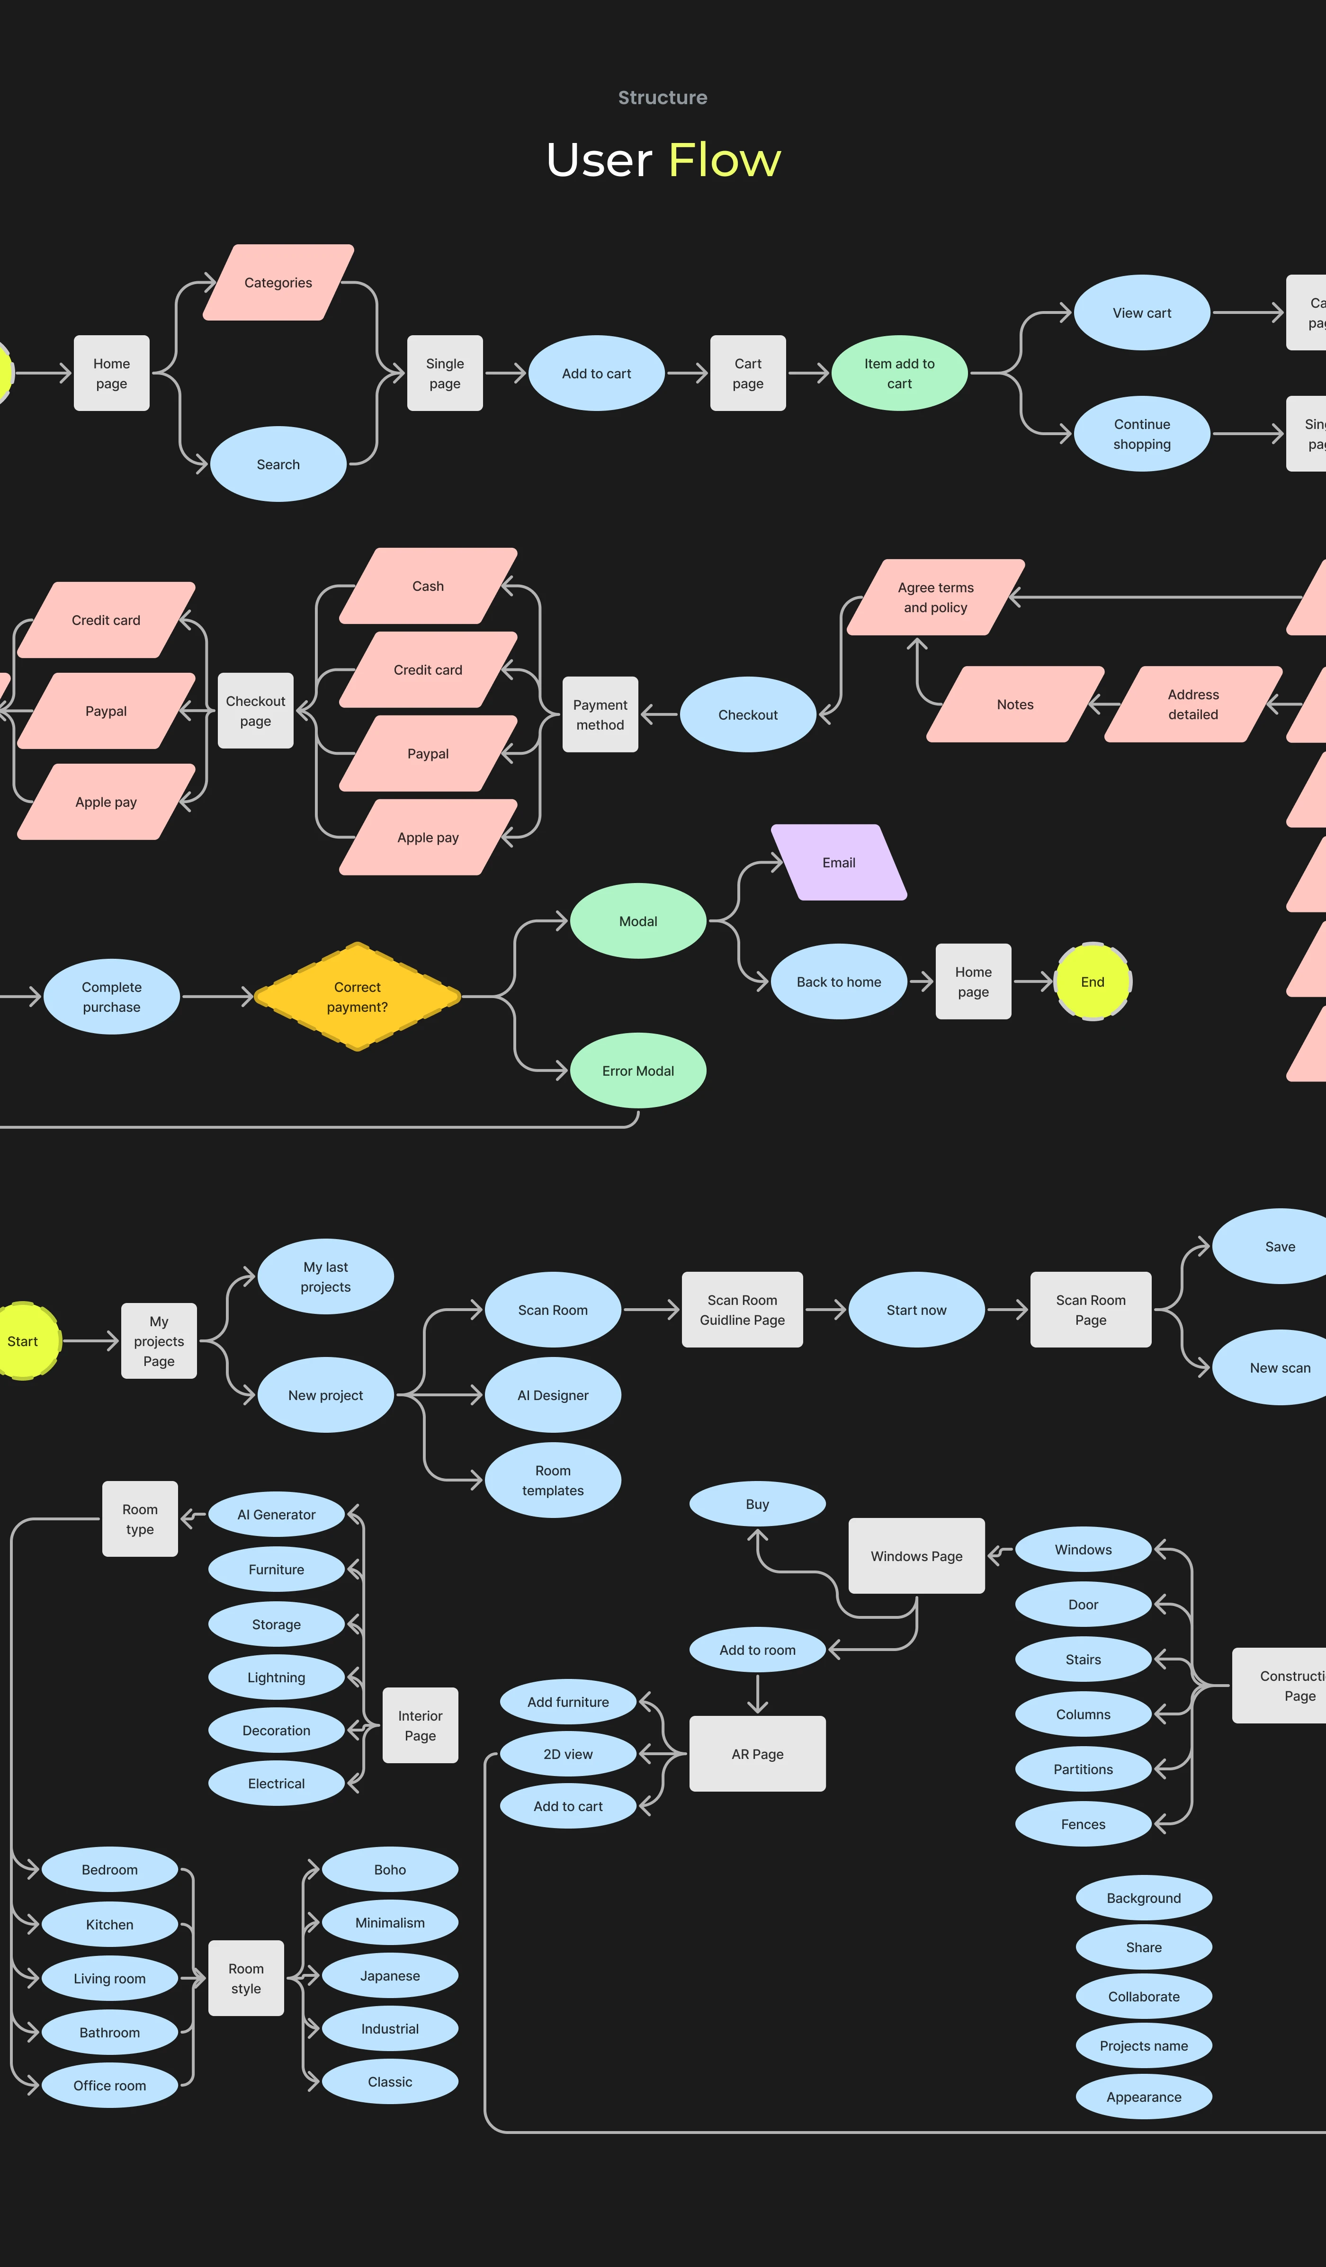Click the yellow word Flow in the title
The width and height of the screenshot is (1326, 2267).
click(x=724, y=160)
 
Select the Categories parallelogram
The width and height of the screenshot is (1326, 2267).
click(x=278, y=283)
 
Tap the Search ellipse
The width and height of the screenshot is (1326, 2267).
click(x=278, y=464)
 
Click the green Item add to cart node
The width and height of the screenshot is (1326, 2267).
click(x=900, y=373)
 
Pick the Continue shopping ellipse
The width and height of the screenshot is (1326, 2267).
click(x=1142, y=434)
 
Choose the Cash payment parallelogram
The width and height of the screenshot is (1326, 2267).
click(x=428, y=586)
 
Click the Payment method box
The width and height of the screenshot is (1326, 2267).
click(x=600, y=714)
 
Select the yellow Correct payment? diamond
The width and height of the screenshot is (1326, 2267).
click(x=357, y=997)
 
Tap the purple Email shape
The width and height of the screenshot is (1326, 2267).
click(x=838, y=862)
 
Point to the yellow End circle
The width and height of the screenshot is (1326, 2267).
click(x=1092, y=982)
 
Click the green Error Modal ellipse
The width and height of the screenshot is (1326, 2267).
click(x=638, y=1071)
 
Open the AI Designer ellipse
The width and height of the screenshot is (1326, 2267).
click(x=552, y=1395)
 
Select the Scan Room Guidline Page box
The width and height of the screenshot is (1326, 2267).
click(x=742, y=1310)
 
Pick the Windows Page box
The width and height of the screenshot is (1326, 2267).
click(x=917, y=1556)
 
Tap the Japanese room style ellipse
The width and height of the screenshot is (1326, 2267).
click(x=390, y=1975)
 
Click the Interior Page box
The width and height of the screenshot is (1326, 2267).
click(x=420, y=1725)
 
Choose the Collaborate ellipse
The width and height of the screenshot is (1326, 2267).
click(x=1143, y=1996)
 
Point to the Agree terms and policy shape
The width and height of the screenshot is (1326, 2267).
click(x=936, y=598)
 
